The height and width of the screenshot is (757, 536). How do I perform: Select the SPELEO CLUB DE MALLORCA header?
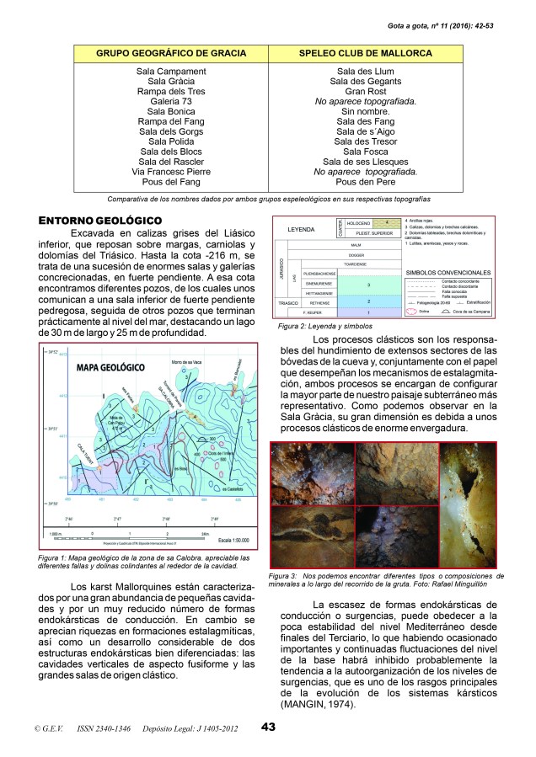click(365, 52)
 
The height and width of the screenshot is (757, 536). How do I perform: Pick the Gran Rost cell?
click(365, 91)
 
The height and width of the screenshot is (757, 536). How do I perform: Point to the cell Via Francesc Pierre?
click(171, 172)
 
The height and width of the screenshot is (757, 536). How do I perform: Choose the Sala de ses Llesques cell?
click(365, 162)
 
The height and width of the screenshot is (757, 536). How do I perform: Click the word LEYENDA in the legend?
click(303, 229)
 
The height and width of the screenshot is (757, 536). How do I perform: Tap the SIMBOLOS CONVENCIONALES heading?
click(447, 273)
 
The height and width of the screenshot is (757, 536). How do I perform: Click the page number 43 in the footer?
click(269, 727)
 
